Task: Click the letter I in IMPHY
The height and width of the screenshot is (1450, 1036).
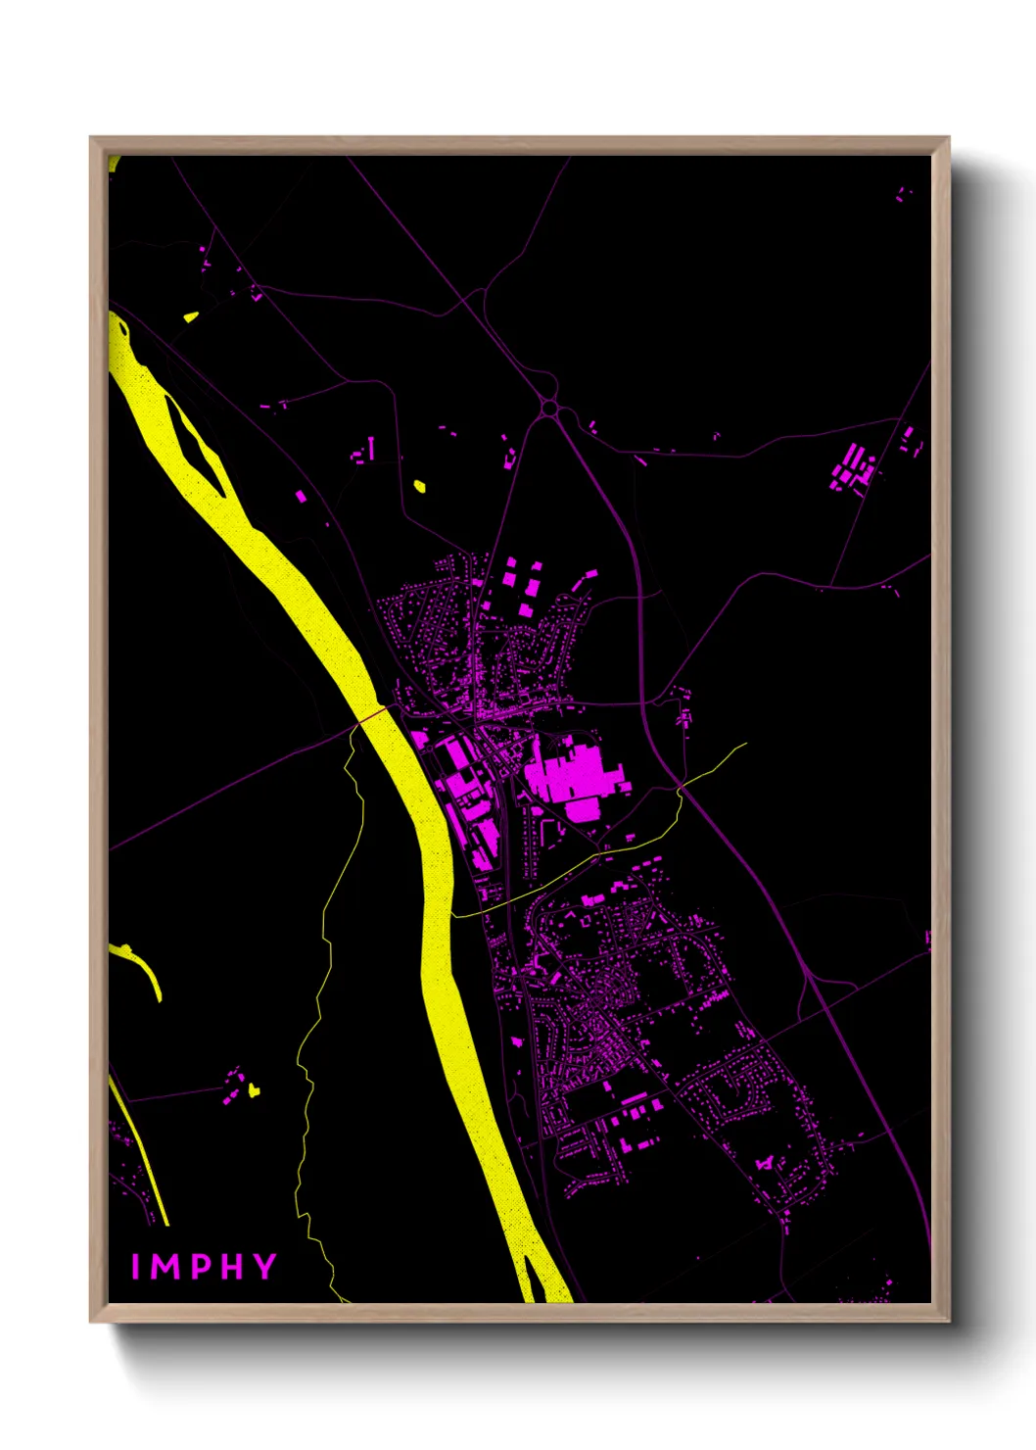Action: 136,1267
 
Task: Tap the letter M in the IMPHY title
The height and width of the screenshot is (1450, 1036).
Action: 165,1267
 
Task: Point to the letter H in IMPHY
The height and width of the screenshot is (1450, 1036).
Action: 230,1267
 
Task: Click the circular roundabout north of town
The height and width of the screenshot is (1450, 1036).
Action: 550,406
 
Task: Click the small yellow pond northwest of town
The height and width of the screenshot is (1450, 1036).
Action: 420,485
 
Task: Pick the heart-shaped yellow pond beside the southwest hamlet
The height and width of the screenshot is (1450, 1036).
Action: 254,1088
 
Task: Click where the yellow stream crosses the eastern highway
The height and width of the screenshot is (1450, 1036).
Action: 681,787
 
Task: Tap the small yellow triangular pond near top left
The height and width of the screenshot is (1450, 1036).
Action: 190,316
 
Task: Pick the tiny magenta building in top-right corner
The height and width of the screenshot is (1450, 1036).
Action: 901,194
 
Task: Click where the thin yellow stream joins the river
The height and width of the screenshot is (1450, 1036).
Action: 453,915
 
